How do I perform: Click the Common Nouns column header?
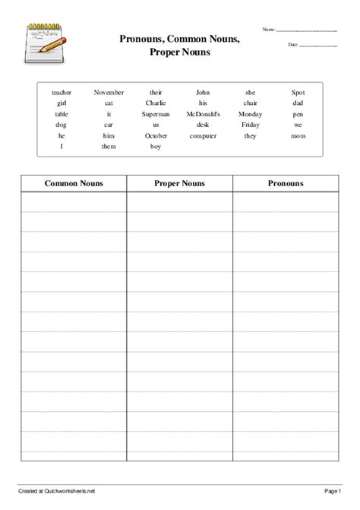click(74, 183)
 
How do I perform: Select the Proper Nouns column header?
click(179, 183)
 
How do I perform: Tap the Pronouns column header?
click(286, 183)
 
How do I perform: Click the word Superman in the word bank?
click(156, 114)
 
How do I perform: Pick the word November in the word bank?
click(109, 92)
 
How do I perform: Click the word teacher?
click(62, 92)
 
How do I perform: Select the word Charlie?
click(156, 103)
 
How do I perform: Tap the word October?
click(156, 135)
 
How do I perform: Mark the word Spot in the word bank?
click(298, 92)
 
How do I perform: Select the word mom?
click(298, 135)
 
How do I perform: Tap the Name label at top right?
click(270, 29)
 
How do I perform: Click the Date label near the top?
click(293, 45)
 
